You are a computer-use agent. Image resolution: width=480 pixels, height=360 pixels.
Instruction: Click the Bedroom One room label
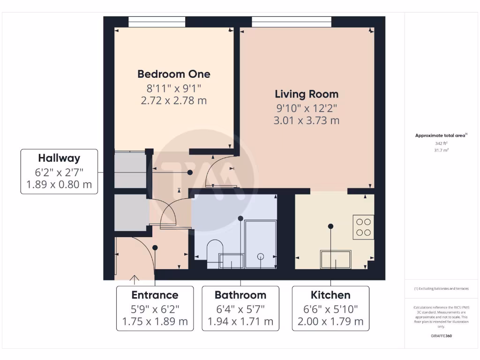[x=173, y=74]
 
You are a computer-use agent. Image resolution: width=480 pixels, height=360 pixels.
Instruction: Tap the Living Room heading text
[x=307, y=94]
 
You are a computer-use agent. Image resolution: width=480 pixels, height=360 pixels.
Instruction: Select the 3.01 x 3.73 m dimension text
[x=307, y=120]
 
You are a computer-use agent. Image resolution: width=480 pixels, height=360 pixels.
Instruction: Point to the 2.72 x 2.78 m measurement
[x=173, y=100]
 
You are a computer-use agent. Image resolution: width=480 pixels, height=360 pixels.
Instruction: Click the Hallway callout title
[x=59, y=158]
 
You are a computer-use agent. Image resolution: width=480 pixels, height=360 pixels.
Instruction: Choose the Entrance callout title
[x=155, y=295]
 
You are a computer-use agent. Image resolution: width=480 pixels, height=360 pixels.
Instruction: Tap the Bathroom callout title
[x=240, y=295]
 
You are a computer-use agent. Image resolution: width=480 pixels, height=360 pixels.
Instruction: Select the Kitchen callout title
[x=330, y=295]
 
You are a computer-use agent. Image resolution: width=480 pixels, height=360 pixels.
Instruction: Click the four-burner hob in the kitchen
[x=363, y=227]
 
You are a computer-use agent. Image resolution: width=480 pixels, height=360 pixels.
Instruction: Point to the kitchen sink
[x=336, y=259]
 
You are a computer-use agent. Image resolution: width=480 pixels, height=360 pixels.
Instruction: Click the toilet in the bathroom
[x=215, y=252]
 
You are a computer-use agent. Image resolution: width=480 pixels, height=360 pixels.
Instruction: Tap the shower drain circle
[x=261, y=256]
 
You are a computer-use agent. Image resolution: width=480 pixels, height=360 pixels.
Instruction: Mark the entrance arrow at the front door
[x=135, y=280]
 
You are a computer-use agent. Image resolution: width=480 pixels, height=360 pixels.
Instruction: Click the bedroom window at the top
[x=157, y=22]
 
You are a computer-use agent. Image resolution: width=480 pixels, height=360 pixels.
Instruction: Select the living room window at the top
[x=291, y=22]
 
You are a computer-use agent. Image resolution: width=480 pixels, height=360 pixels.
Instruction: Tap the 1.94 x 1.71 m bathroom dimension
[x=240, y=322]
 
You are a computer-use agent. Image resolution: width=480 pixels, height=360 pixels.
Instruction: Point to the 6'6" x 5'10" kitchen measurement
[x=330, y=309]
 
